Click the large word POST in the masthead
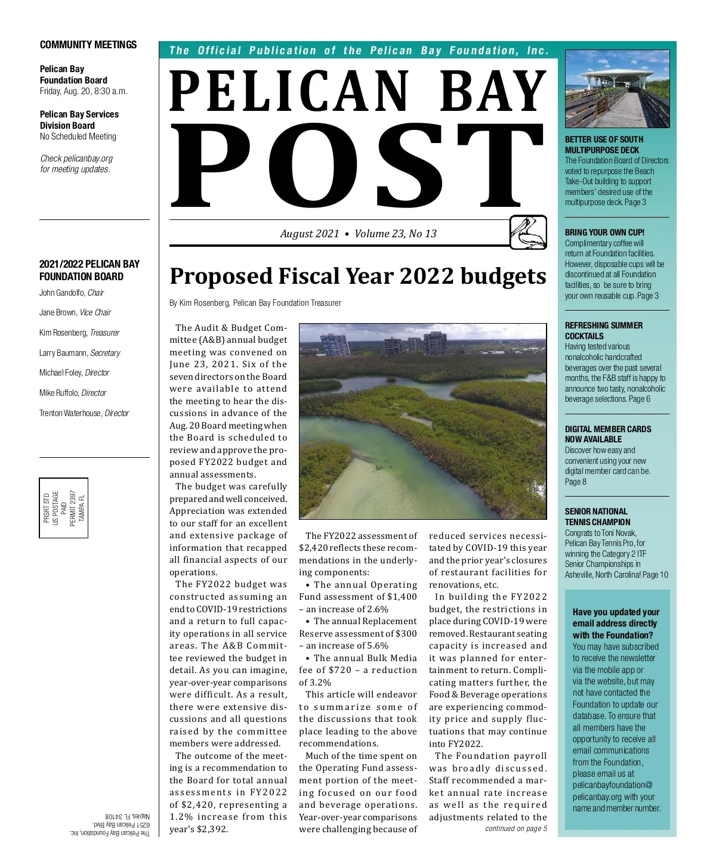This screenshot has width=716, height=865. coord(358,164)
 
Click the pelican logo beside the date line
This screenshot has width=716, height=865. coord(528,232)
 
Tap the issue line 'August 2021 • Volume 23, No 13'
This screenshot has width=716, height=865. coord(358,234)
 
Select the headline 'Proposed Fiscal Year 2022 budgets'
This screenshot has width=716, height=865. coord(357,276)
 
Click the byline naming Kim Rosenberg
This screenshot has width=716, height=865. coord(255,303)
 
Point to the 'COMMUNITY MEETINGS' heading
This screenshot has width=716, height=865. coord(88,45)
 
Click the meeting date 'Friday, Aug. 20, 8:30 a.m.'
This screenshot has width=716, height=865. coord(84,91)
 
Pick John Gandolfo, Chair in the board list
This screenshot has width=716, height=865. coord(72,293)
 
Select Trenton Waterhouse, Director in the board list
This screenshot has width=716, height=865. coord(84,413)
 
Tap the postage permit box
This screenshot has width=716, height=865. coord(64,508)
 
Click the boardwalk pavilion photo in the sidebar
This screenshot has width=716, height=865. coord(617,89)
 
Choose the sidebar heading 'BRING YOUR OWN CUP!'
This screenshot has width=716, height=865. coord(604,232)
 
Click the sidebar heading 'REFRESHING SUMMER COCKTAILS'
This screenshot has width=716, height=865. coord(603,331)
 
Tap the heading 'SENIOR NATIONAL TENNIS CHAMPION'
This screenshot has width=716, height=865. coord(597,516)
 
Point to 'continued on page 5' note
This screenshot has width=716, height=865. coord(516,829)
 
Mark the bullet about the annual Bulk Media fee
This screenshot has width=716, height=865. coord(358,670)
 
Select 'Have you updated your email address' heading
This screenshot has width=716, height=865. coord(616,624)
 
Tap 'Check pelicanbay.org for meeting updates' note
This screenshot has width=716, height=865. coord(76,164)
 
